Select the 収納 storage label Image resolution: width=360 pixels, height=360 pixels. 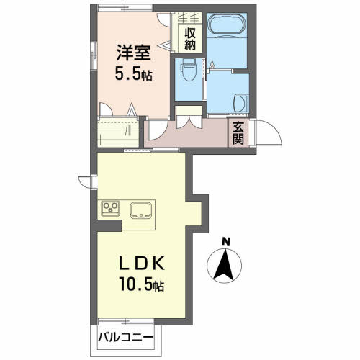190,37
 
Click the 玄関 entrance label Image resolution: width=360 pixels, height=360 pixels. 238,133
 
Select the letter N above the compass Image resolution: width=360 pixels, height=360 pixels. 225,241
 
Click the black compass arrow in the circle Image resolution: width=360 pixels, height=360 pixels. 225,266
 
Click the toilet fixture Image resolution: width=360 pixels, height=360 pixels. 189,73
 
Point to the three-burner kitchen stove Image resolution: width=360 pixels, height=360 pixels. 112,210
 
